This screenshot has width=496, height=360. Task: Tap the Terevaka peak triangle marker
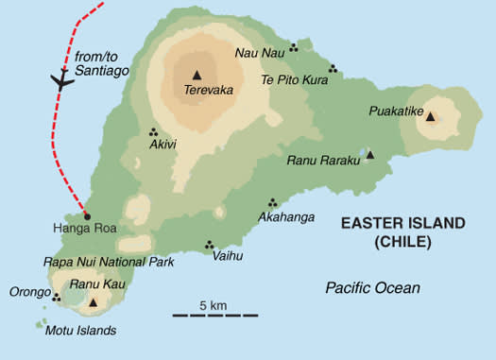coord(197,75)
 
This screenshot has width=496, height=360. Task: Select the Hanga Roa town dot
coord(87,215)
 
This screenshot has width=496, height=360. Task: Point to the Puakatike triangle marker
coord(430,117)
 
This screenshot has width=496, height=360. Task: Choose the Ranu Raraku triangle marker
coord(370,155)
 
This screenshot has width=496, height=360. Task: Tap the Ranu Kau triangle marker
coord(93,303)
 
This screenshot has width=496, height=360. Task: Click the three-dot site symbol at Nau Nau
coord(294,47)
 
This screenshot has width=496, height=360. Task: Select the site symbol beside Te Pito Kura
coord(333,68)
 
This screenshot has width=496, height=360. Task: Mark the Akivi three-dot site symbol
coord(153,132)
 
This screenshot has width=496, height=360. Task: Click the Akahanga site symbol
coord(272,202)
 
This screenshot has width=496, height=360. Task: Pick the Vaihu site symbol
coord(209,244)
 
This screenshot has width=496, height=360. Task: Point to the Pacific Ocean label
coord(371,287)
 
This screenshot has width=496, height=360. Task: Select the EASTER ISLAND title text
coord(402,223)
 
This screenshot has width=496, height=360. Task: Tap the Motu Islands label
coord(80,331)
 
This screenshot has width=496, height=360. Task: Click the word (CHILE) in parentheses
coord(402,242)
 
